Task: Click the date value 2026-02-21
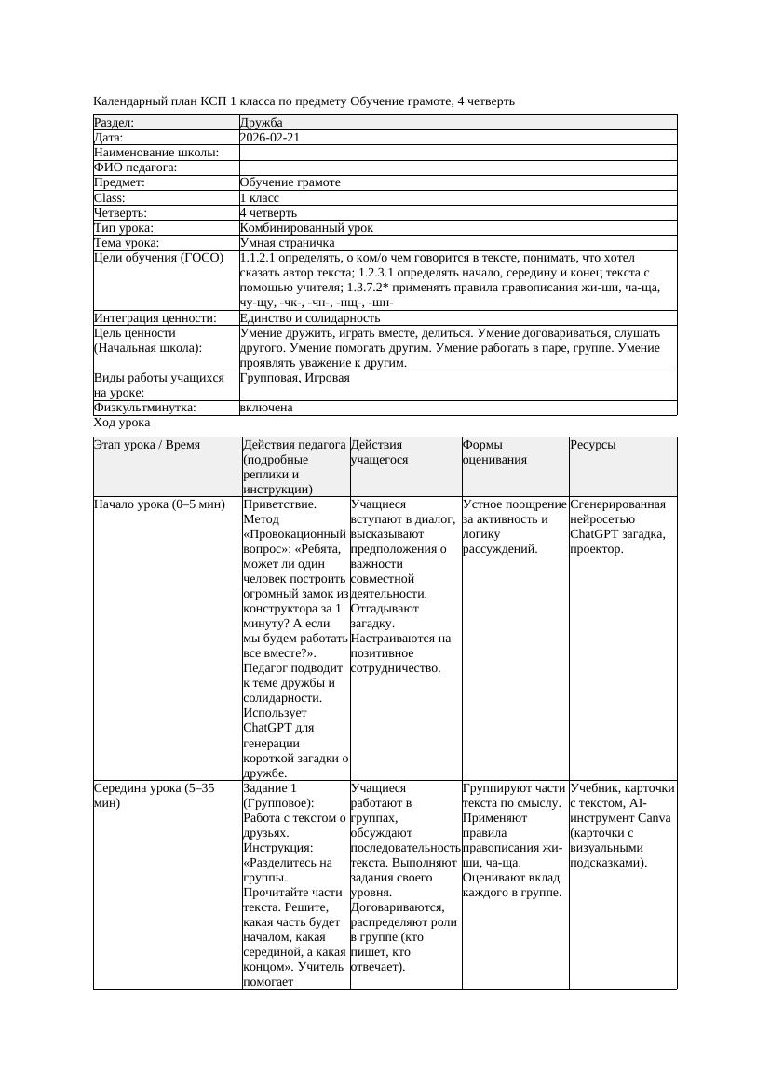[x=270, y=138]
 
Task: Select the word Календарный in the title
[x=131, y=101]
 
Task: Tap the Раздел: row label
[x=115, y=123]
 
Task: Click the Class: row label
[x=110, y=198]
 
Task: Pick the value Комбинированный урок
[x=306, y=228]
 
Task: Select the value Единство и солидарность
[x=310, y=318]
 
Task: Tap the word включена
[x=266, y=408]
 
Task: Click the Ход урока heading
[x=122, y=423]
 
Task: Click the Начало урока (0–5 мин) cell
[x=159, y=504]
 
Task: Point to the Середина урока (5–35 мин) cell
[x=154, y=795]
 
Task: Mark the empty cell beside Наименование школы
[x=456, y=153]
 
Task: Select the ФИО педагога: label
[x=136, y=168]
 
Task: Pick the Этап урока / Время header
[x=147, y=445]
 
